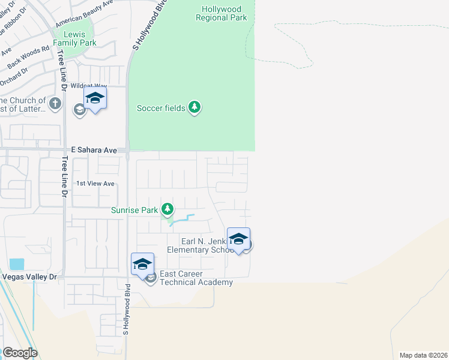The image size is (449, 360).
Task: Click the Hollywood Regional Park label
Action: (221, 14)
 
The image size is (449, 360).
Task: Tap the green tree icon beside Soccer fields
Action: (194, 107)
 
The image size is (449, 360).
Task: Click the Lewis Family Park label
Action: (75, 38)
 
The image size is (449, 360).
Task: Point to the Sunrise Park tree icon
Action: (167, 209)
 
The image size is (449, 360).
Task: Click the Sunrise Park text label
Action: (134, 210)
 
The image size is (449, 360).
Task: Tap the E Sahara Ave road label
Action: (94, 149)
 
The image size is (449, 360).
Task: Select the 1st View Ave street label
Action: (94, 184)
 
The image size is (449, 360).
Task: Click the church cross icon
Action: (55, 104)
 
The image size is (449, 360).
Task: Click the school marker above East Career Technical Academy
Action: (142, 264)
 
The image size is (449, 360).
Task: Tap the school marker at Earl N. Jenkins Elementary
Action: (238, 239)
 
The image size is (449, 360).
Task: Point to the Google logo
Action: (20, 352)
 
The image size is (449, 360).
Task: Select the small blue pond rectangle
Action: (17, 264)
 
